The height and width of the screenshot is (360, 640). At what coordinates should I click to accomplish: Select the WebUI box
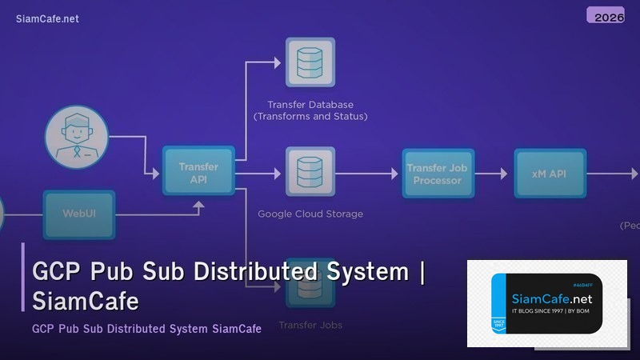pos(79,214)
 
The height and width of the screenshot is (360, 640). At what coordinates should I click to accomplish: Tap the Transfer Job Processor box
pos(437,174)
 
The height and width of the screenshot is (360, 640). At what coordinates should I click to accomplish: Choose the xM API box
pos(548,174)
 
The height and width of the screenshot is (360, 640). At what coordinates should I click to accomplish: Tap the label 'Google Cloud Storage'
pos(310,214)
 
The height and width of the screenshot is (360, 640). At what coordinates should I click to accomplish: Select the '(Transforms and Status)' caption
pos(310,117)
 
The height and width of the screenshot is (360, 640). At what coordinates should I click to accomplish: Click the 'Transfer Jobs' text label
pos(310,326)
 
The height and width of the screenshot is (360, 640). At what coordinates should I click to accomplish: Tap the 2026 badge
pos(606,16)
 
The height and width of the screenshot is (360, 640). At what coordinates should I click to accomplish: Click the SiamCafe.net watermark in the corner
pos(47,19)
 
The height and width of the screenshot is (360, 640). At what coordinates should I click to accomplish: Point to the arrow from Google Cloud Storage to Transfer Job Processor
pos(368,174)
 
